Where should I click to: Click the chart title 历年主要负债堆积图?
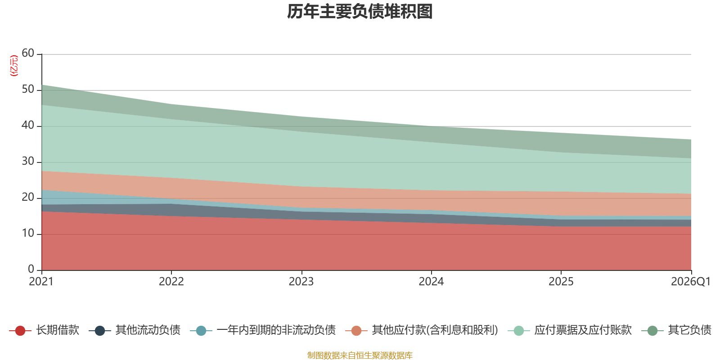click(360, 12)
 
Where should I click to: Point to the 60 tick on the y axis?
click(28, 53)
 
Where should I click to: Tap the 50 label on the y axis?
click(28, 89)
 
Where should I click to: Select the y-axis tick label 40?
click(28, 125)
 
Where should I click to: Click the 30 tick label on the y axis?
click(28, 161)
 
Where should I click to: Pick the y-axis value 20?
click(28, 197)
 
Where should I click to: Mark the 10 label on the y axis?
click(28, 233)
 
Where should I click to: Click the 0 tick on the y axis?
click(31, 269)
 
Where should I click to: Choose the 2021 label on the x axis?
click(41, 282)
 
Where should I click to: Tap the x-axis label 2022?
click(171, 282)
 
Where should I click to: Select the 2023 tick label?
click(301, 282)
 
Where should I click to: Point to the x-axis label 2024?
click(431, 282)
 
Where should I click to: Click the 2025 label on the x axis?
click(561, 282)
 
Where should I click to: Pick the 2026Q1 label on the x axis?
click(690, 282)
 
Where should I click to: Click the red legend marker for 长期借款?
click(20, 330)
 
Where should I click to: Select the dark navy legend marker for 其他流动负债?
click(99, 330)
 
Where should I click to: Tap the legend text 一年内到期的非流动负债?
click(276, 330)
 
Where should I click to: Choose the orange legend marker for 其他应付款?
click(356, 330)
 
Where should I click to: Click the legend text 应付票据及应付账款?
click(583, 330)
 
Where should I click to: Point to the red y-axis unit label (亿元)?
click(14, 66)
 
